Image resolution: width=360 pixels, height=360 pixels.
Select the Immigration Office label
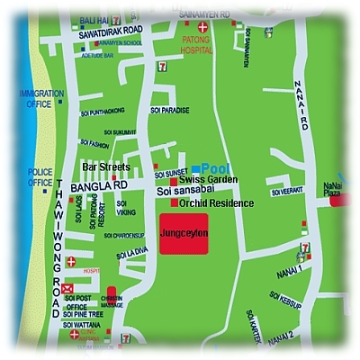(41, 99)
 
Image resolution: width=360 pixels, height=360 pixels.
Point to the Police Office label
(40, 177)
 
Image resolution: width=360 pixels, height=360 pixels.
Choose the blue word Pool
(216, 168)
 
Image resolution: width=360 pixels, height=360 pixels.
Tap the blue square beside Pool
(195, 169)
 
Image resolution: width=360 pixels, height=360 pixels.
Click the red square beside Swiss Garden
(173, 181)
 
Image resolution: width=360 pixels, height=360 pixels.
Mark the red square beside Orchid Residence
(174, 202)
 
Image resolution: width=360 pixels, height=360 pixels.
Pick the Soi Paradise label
(171, 111)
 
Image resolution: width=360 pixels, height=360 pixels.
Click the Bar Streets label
(106, 167)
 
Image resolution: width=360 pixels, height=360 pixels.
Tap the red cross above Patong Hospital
(203, 28)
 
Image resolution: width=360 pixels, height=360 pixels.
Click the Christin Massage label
(112, 302)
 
